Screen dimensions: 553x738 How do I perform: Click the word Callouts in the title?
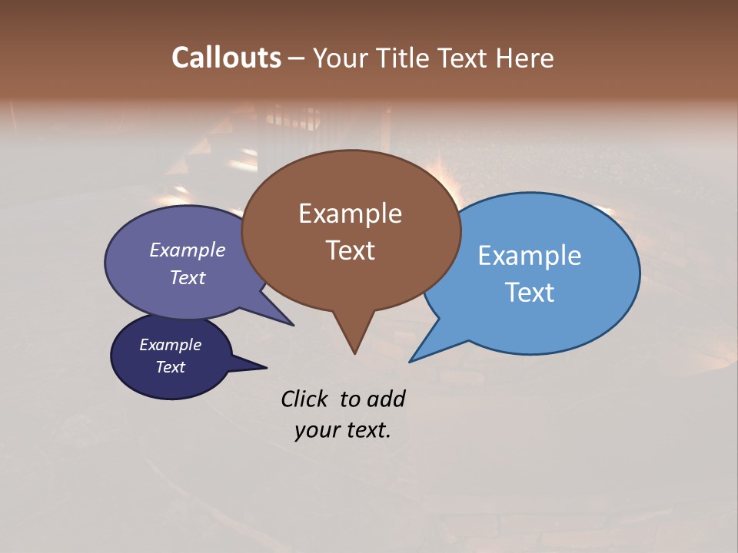(226, 58)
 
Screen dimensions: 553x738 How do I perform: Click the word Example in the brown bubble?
(350, 214)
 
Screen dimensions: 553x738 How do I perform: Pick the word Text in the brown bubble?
(350, 250)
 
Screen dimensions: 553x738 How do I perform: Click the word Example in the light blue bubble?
(529, 256)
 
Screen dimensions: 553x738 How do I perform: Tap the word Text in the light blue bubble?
(530, 293)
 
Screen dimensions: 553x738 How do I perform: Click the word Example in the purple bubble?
(187, 250)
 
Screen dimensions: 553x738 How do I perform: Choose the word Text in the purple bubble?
(187, 278)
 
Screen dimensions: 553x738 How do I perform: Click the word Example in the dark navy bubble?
(170, 345)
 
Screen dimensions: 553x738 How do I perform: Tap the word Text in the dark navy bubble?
(170, 367)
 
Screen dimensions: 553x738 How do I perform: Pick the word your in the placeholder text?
(316, 431)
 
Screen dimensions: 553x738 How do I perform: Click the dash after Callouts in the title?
(297, 58)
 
